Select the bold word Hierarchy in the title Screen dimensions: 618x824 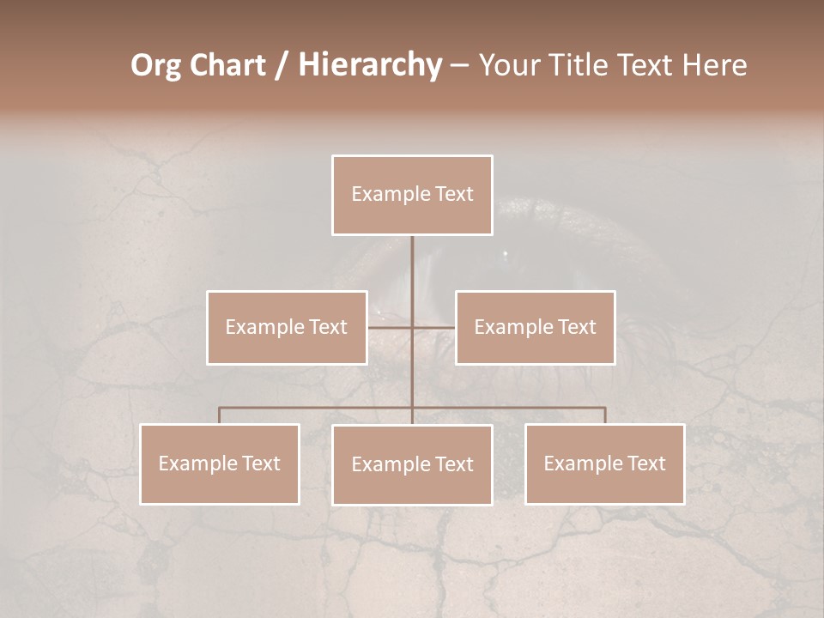pyautogui.click(x=369, y=66)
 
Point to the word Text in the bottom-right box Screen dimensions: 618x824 pyautogui.click(x=645, y=463)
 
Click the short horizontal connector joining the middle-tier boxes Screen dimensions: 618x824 pyautogui.click(x=391, y=327)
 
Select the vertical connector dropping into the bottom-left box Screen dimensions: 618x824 pyautogui.click(x=220, y=415)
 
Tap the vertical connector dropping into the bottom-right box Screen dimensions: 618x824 pyautogui.click(x=605, y=415)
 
